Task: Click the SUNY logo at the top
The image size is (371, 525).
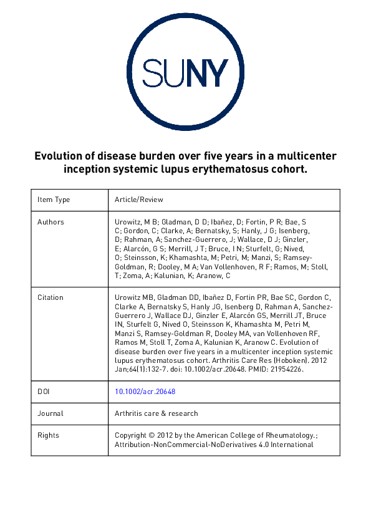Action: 185,74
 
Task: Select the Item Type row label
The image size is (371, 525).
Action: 54,200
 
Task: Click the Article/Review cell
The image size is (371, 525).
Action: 139,200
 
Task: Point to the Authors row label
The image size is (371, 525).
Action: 51,222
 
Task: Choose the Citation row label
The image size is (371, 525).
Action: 50,298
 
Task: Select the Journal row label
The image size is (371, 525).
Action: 51,413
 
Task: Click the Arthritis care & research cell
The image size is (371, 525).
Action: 157,413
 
